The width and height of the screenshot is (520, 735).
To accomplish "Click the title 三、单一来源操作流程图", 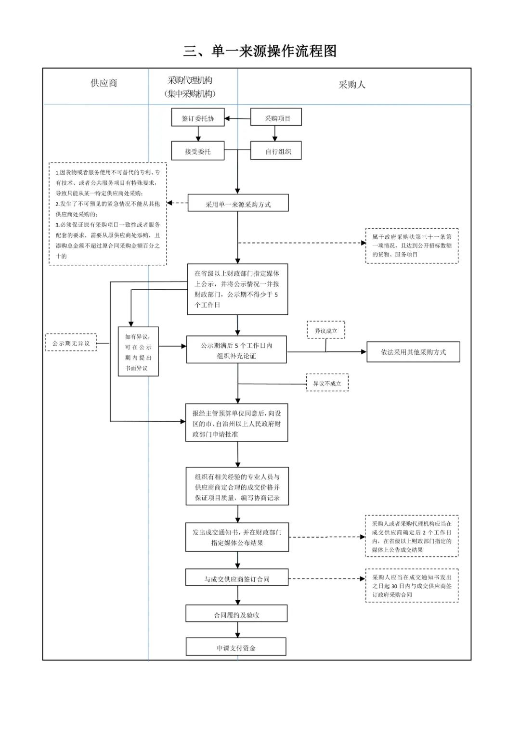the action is click(x=260, y=51).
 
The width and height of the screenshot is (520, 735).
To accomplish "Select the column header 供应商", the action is click(x=104, y=83).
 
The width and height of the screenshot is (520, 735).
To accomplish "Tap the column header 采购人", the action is click(x=352, y=85).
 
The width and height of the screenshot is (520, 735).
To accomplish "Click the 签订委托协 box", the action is click(x=198, y=117).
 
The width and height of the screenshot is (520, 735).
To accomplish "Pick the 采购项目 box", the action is click(x=276, y=117).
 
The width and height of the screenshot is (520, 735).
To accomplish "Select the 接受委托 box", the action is click(x=198, y=151).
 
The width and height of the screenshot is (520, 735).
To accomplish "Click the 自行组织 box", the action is click(x=276, y=150).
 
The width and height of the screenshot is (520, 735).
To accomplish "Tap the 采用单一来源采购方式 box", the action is click(x=238, y=203).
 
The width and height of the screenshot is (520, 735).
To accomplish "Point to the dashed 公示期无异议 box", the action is click(x=71, y=342).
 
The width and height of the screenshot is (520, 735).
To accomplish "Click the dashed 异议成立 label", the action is click(x=326, y=330).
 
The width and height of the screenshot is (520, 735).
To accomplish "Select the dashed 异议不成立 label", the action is click(x=327, y=383).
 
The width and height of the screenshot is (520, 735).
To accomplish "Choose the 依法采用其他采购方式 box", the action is click(x=413, y=352).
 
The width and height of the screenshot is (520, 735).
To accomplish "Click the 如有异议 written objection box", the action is click(x=138, y=351).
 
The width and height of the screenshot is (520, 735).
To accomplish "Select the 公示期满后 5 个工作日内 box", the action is click(x=236, y=349).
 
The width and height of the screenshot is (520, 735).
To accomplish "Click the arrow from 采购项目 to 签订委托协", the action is click(x=237, y=118).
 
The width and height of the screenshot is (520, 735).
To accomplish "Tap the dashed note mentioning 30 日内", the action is click(x=412, y=586).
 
